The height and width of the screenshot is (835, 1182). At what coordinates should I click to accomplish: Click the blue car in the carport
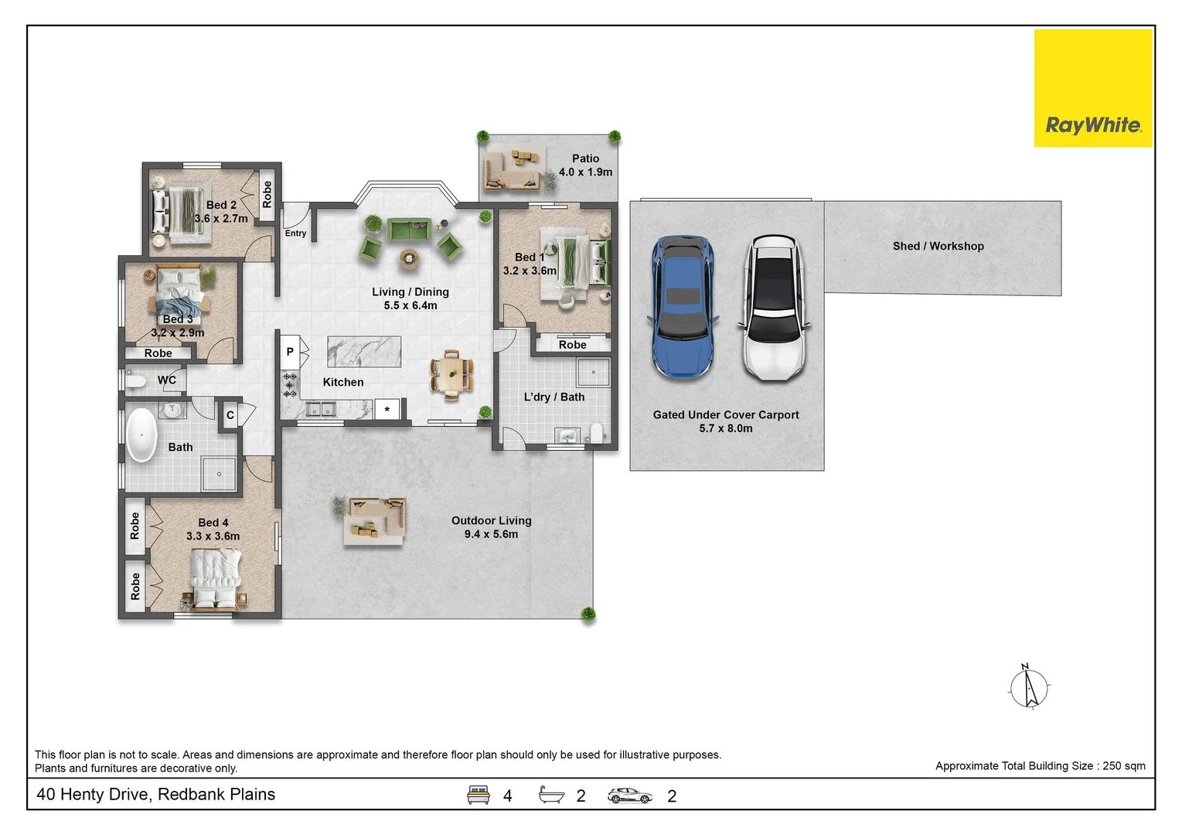click(x=683, y=307)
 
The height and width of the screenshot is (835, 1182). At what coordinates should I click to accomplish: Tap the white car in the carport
click(x=775, y=307)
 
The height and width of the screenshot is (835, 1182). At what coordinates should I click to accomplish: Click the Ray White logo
click(x=1093, y=88)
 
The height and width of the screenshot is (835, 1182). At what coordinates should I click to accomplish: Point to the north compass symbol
click(x=1029, y=687)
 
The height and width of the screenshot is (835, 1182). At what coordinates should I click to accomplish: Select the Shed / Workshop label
click(x=938, y=246)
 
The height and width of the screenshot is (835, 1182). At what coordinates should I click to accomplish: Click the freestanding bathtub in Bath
click(x=141, y=435)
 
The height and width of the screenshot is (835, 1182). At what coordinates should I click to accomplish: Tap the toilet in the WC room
click(x=135, y=381)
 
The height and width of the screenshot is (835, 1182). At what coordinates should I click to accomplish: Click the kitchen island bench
click(x=364, y=352)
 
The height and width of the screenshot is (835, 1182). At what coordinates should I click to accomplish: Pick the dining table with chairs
click(x=451, y=375)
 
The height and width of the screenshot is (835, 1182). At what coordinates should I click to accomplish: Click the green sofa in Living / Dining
click(x=410, y=230)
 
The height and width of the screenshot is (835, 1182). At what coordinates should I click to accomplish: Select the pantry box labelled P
click(x=290, y=352)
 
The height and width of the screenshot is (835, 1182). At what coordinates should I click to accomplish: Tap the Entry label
click(x=295, y=233)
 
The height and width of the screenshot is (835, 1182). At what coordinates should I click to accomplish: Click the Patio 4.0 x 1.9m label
click(x=586, y=165)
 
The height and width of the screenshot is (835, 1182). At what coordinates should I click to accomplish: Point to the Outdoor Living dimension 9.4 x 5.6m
click(x=491, y=534)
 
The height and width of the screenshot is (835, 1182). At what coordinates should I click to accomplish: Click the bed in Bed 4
click(x=215, y=578)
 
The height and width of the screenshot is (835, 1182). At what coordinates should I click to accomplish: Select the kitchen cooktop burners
click(x=290, y=385)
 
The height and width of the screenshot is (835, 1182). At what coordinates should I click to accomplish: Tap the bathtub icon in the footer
click(x=551, y=795)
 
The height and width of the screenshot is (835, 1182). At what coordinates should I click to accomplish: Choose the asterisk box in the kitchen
click(x=387, y=410)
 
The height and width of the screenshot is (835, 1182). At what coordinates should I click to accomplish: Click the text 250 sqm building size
click(x=1124, y=766)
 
